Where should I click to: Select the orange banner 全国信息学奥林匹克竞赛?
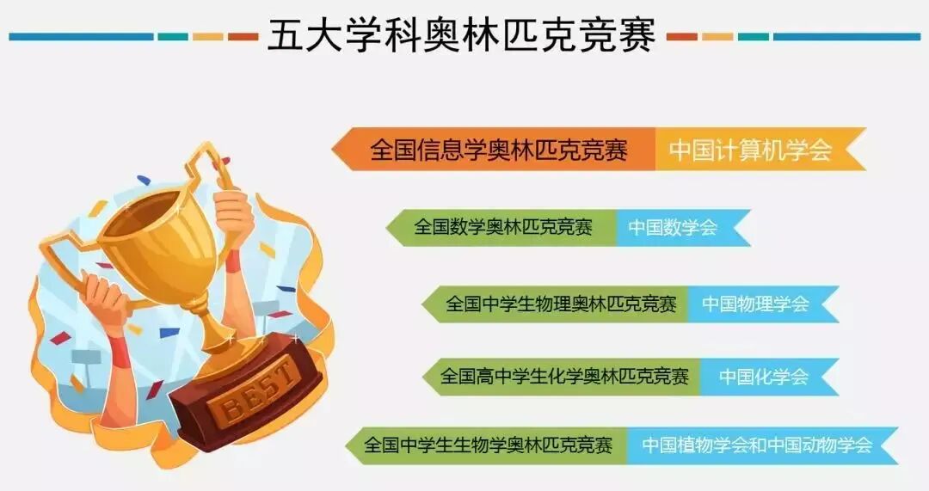pos(499,150)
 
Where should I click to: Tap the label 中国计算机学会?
pos(750,150)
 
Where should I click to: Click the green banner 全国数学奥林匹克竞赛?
pos(503,228)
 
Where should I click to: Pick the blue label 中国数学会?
pos(673,228)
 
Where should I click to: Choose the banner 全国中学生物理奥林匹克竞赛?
pos(561,304)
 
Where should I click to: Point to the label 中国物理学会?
pos(755,304)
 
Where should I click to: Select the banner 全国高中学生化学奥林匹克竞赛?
pos(564,377)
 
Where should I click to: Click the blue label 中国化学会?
pos(764,377)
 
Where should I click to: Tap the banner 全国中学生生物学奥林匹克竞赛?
pos(489,445)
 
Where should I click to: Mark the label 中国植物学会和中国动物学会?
pos(757,445)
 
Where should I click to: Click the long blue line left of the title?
pos(81,37)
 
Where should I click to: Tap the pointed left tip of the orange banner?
pos(335,149)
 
